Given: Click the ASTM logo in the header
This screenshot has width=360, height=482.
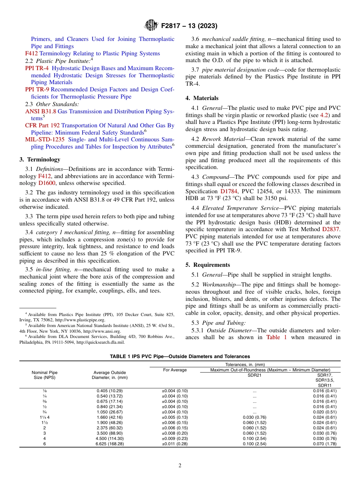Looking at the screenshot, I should click(152, 26).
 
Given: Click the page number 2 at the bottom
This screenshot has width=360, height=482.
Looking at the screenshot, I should click(180, 466).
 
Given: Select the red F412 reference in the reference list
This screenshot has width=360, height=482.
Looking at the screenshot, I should click(32, 53).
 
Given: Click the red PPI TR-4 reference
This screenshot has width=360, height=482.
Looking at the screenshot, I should click(37, 68).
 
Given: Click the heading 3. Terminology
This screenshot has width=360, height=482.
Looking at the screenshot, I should click(40, 160).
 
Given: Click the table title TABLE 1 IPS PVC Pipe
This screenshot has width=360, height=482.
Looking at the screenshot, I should click(180, 357).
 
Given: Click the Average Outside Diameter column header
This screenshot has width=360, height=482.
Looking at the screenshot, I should click(110, 375).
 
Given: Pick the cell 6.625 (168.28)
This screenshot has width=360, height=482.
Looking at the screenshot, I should click(110, 444).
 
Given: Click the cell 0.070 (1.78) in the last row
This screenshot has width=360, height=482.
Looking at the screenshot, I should click(324, 444).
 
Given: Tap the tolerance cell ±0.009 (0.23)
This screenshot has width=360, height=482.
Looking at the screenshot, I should click(175, 438).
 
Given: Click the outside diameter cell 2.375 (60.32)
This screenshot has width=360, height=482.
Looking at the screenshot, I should click(110, 428).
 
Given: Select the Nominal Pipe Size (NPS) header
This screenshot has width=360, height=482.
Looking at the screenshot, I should click(44, 375).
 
